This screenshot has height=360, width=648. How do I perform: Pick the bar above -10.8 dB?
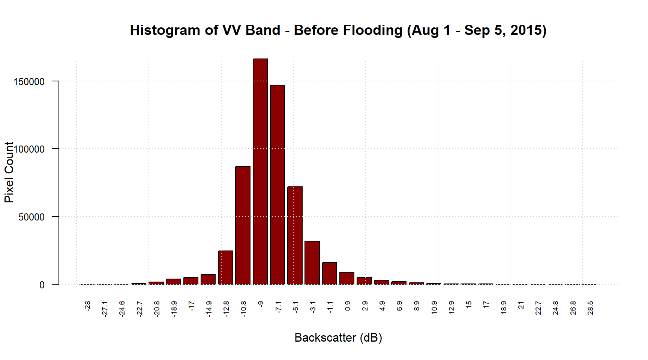(243, 225)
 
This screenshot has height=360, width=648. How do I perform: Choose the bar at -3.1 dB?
(312, 262)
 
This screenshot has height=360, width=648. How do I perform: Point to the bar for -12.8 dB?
(225, 267)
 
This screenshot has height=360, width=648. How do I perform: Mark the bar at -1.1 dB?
(330, 273)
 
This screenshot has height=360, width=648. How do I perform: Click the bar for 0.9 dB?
(347, 278)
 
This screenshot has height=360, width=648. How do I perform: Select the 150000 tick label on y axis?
(29, 82)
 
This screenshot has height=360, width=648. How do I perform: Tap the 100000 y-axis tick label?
(29, 149)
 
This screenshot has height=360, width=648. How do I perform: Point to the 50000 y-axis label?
(31, 217)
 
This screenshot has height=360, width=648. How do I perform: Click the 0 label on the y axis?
(42, 285)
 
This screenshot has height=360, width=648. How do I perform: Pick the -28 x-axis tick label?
(87, 306)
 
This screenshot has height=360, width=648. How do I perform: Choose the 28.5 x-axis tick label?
(590, 308)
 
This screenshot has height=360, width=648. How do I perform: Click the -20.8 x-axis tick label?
(157, 309)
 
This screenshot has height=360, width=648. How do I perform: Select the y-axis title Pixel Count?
(9, 172)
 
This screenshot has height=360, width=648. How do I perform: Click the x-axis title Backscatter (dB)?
(338, 337)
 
